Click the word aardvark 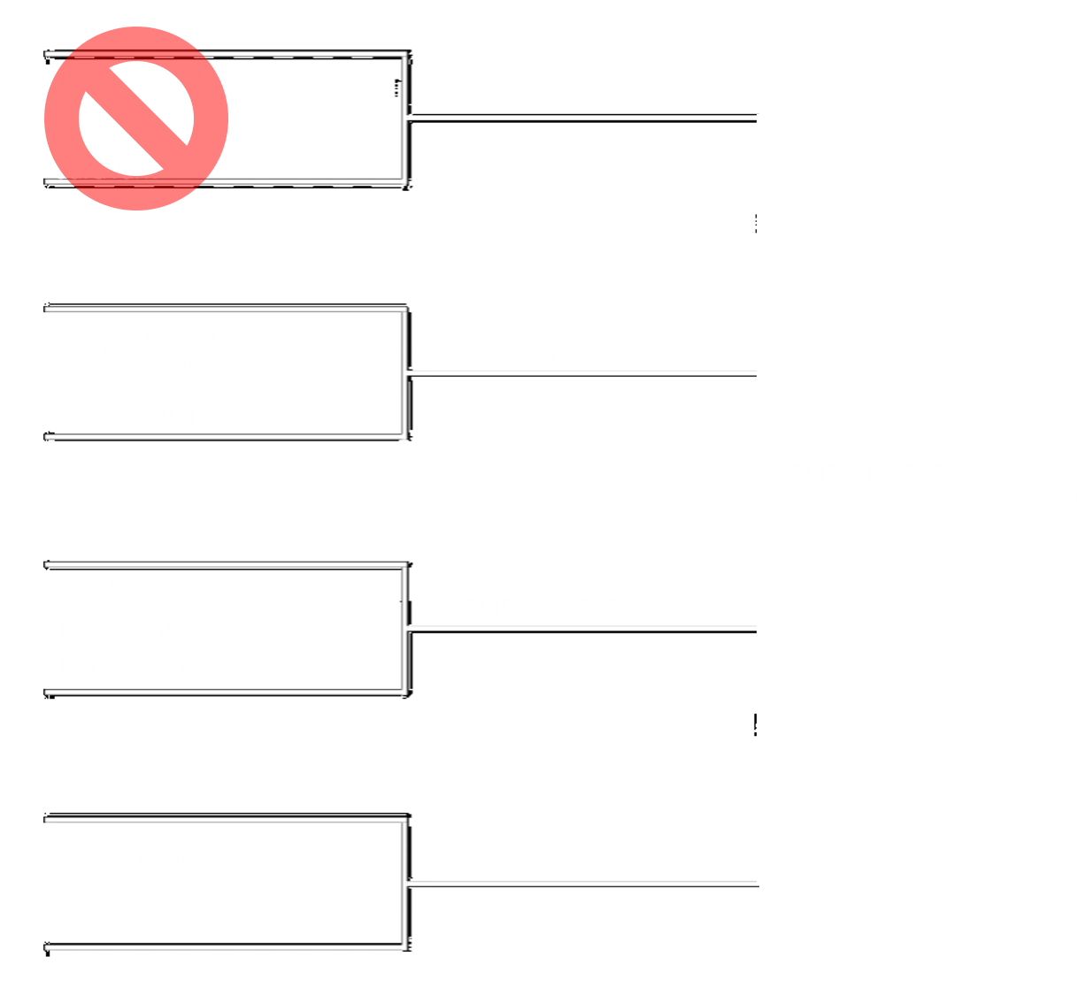(105, 169)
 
